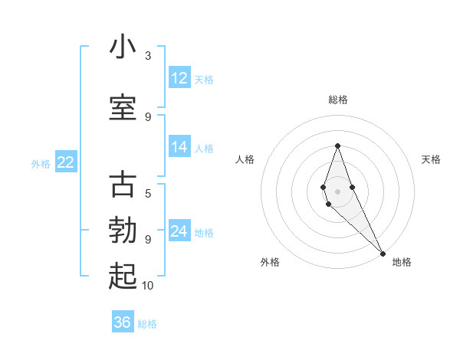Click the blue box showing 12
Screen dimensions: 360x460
pos(179,78)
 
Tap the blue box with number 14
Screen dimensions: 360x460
pos(179,147)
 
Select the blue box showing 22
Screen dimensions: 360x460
pos(65,162)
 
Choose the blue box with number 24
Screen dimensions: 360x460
pos(179,231)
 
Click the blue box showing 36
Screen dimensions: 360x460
pos(123,322)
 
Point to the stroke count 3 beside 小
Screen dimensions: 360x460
pos(148,56)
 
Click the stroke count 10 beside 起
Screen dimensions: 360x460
pos(148,286)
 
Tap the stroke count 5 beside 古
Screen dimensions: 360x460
pos(148,194)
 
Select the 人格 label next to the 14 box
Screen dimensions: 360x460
pos(204,148)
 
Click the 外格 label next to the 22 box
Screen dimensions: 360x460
pos(40,163)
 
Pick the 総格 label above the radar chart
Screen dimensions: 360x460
pos(337,100)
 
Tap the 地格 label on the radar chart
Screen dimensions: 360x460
pos(402,262)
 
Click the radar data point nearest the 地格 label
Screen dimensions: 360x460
pos(383,253)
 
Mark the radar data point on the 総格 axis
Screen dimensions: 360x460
pos(337,146)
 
